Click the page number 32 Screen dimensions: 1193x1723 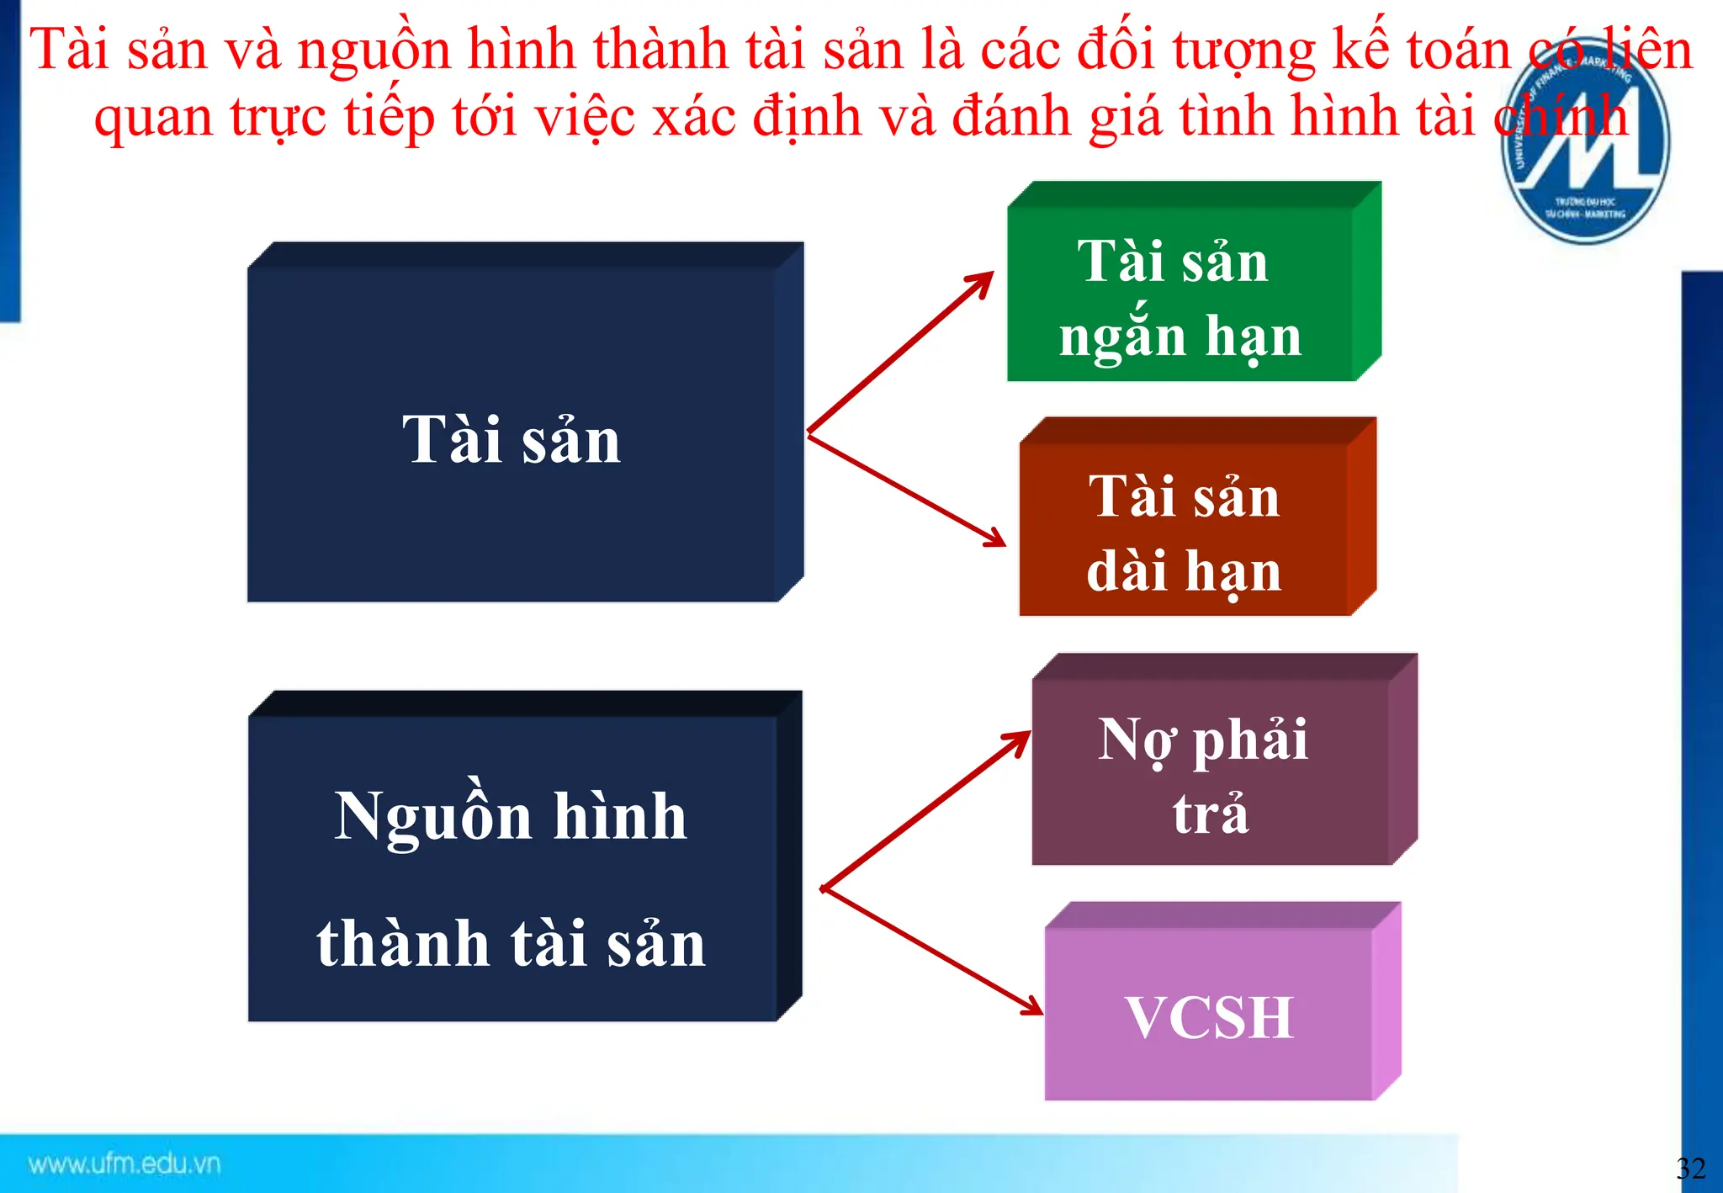tap(1691, 1168)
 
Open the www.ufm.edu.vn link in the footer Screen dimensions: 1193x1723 tap(125, 1164)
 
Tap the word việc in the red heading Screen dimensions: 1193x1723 tap(586, 118)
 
